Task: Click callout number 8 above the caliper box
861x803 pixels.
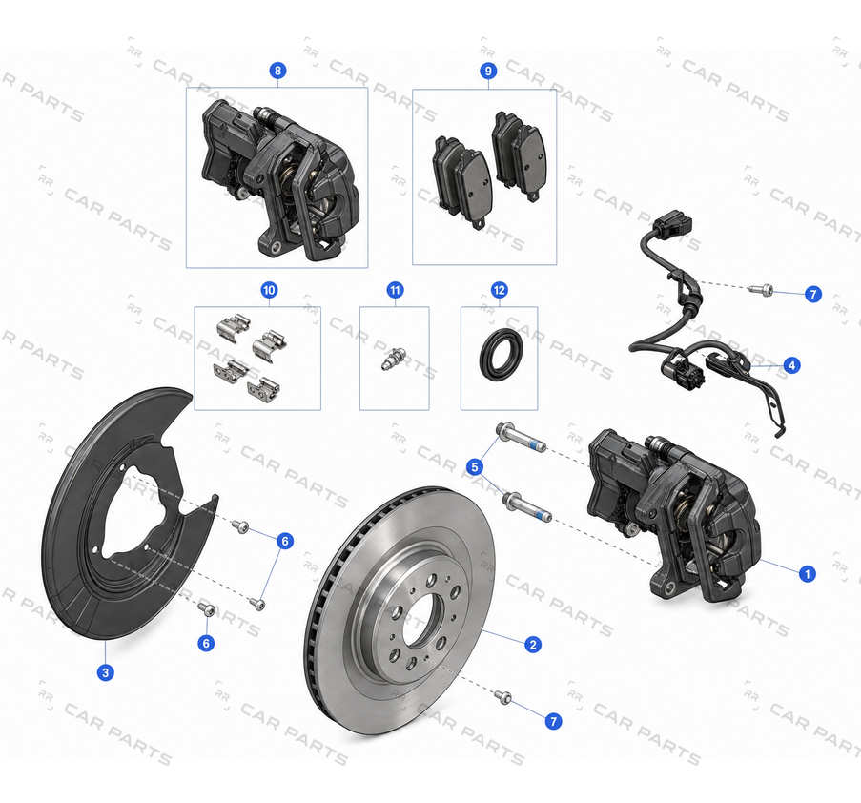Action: pyautogui.click(x=277, y=71)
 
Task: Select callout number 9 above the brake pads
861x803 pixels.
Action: pyautogui.click(x=488, y=71)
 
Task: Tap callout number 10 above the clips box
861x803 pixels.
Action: pyautogui.click(x=269, y=290)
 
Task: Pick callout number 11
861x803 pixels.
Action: pyautogui.click(x=396, y=290)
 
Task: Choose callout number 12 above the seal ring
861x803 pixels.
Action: pyautogui.click(x=499, y=290)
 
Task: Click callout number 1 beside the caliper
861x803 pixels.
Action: pyautogui.click(x=807, y=574)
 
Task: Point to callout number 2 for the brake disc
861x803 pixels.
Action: pyautogui.click(x=533, y=645)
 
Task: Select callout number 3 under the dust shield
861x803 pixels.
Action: pyautogui.click(x=105, y=671)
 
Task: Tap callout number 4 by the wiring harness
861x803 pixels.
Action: pyautogui.click(x=791, y=365)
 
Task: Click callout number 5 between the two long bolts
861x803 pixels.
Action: pyautogui.click(x=475, y=467)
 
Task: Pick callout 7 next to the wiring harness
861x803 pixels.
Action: pyautogui.click(x=813, y=295)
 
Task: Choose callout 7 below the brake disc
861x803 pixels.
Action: pyautogui.click(x=553, y=721)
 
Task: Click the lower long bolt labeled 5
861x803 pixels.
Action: pyautogui.click(x=527, y=506)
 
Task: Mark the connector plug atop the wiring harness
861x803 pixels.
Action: pyautogui.click(x=673, y=222)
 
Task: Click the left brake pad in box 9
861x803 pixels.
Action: pyautogui.click(x=462, y=180)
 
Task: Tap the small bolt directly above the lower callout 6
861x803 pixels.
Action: pyautogui.click(x=206, y=608)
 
